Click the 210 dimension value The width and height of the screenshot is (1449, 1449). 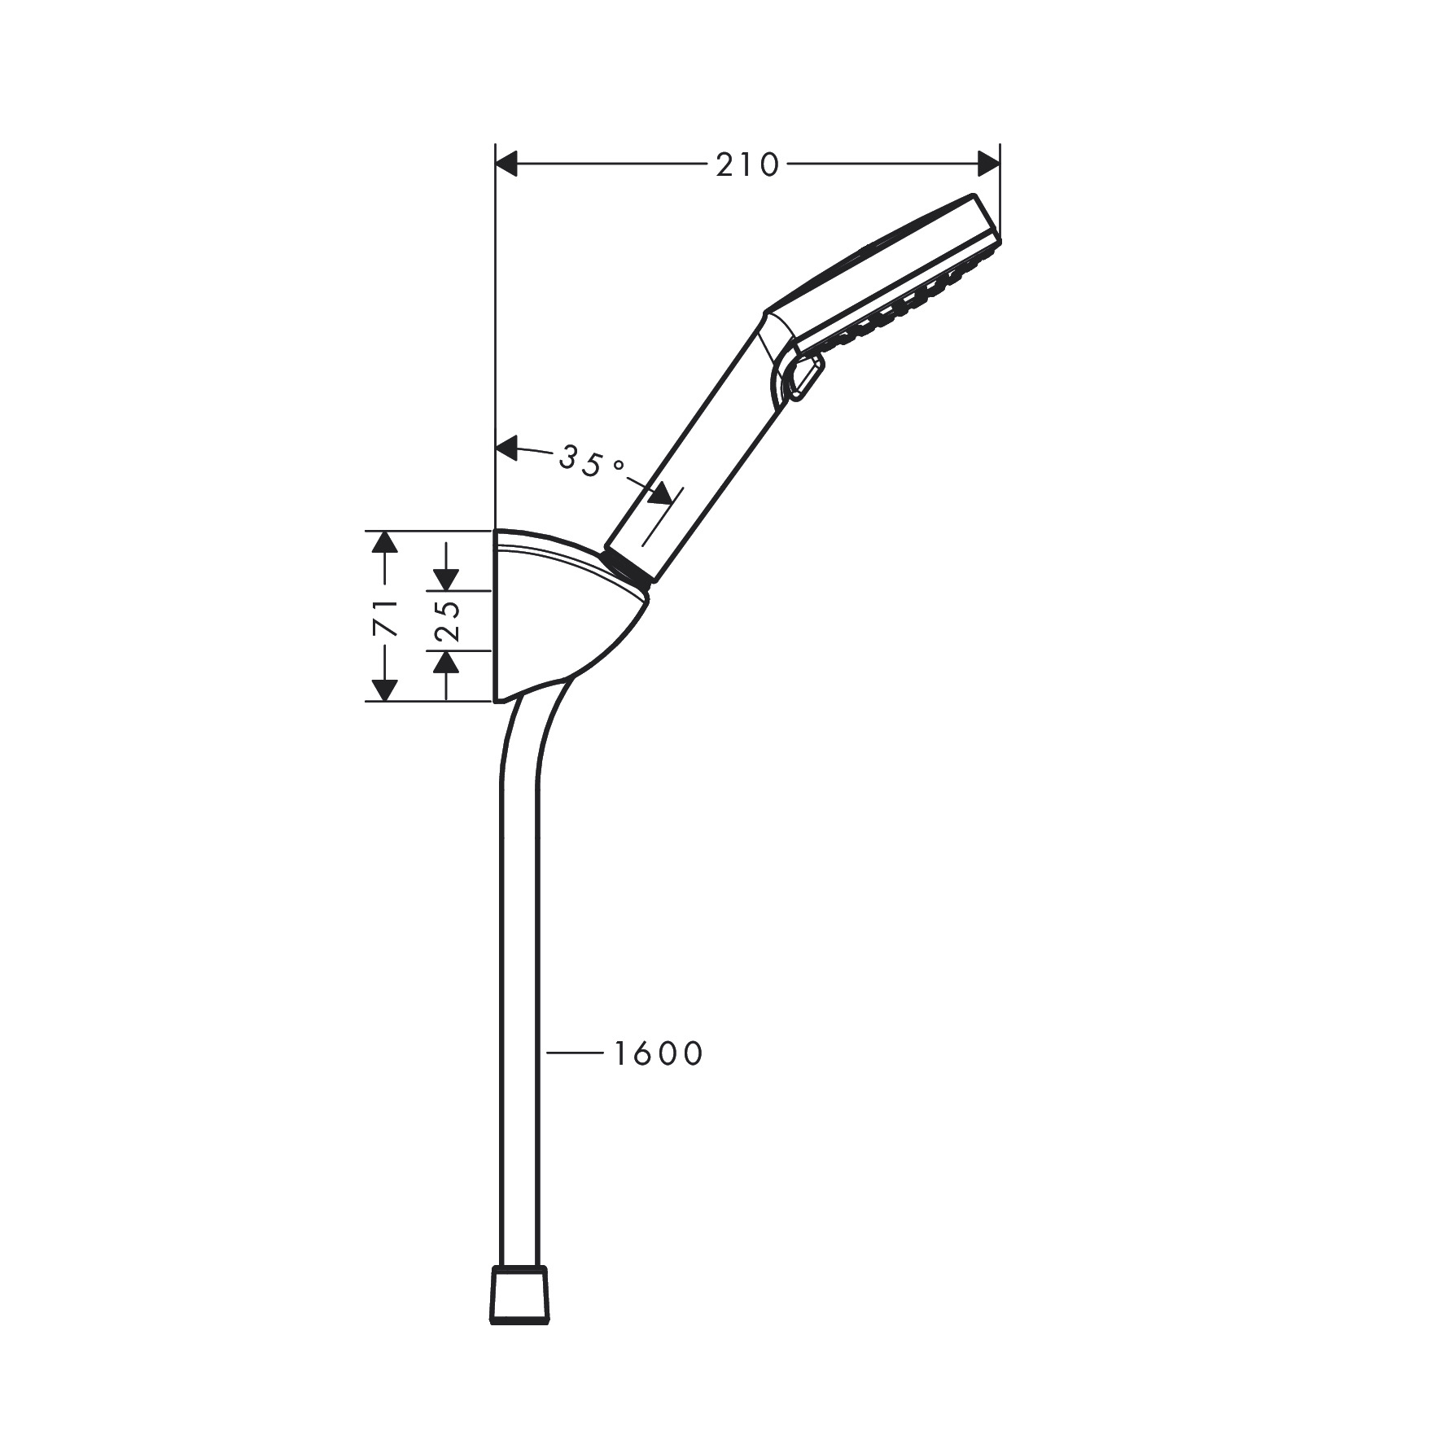tap(746, 165)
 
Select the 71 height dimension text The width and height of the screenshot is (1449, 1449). tap(385, 616)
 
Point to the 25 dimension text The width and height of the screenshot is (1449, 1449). tap(446, 620)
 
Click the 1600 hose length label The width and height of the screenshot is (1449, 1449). tap(658, 1054)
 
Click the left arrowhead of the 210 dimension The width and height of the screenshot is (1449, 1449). tap(507, 164)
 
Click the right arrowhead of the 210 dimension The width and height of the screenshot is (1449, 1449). tap(988, 164)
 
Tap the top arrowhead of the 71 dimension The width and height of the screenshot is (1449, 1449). tap(384, 542)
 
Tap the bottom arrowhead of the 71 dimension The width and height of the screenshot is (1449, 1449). tap(384, 689)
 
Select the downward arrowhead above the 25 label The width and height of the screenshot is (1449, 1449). tap(446, 579)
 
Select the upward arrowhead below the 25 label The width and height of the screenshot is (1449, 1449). tap(446, 663)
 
